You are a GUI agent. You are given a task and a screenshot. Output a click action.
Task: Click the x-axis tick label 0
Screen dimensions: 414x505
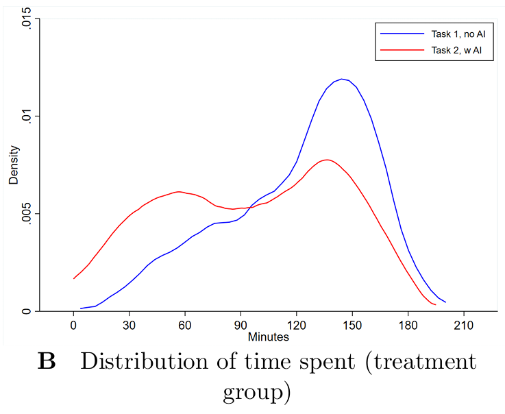coord(73,326)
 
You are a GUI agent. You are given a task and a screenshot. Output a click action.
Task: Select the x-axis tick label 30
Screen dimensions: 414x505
coord(129,326)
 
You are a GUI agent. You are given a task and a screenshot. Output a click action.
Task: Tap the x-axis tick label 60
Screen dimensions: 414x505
coord(185,326)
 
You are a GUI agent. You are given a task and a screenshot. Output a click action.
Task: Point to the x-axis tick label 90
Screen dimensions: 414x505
coord(241,326)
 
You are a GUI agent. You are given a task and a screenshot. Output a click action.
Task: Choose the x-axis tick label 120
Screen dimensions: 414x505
coord(297,326)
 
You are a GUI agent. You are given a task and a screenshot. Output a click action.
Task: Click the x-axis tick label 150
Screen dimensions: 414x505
coord(352,326)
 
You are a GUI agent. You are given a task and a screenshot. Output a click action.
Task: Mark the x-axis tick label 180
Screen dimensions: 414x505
coord(408,326)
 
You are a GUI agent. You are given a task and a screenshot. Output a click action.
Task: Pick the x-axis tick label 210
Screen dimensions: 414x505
coord(464,326)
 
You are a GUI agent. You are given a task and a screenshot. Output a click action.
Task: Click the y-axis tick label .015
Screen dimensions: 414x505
coord(25,19)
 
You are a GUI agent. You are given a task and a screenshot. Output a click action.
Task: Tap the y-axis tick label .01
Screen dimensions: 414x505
coord(25,116)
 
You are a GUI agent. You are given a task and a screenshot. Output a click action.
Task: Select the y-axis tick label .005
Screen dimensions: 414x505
coord(25,214)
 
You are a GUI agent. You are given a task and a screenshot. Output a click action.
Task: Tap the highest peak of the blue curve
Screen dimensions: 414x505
coord(341,79)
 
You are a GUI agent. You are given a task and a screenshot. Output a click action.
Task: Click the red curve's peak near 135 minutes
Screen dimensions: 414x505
coord(327,160)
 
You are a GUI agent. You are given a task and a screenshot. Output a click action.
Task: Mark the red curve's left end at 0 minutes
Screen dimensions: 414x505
coord(74,278)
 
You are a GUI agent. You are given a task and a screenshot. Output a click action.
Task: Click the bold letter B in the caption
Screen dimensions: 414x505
coord(46,363)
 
